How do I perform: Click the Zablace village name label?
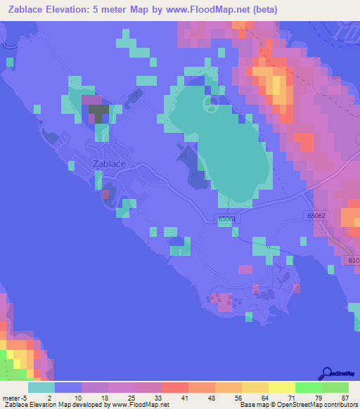[x=109, y=164]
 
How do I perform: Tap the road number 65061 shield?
[x=226, y=219]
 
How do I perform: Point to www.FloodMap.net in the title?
[x=216, y=9]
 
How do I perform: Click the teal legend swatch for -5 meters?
[x=41, y=387]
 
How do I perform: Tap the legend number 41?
[x=174, y=397]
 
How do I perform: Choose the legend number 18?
[x=94, y=397]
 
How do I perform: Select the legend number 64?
[x=254, y=397]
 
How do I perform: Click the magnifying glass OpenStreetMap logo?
[x=326, y=372]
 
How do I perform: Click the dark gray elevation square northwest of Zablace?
[x=98, y=110]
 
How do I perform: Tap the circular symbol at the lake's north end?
[x=209, y=105]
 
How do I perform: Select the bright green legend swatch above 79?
[x=309, y=387]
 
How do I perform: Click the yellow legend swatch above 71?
[x=282, y=387]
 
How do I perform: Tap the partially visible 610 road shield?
[x=353, y=261]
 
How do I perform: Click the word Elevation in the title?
[x=74, y=9]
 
